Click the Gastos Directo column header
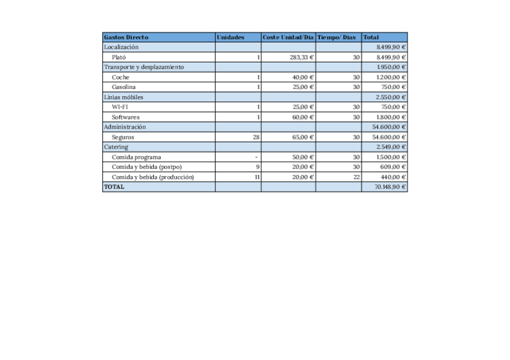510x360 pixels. (126, 37)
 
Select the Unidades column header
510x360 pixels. (230, 37)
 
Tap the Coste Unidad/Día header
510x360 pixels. (288, 37)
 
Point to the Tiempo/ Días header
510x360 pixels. (336, 37)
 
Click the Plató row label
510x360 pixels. (119, 57)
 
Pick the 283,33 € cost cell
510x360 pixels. (303, 57)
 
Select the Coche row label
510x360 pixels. (120, 78)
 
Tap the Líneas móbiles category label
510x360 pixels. (123, 97)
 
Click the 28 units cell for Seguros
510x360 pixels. (256, 137)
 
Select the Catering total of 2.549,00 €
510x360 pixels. (392, 147)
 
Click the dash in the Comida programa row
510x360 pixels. (257, 157)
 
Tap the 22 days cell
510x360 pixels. (356, 177)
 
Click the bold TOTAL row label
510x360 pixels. (114, 187)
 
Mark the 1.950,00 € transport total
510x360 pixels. (392, 67)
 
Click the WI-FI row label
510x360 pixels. (120, 107)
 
